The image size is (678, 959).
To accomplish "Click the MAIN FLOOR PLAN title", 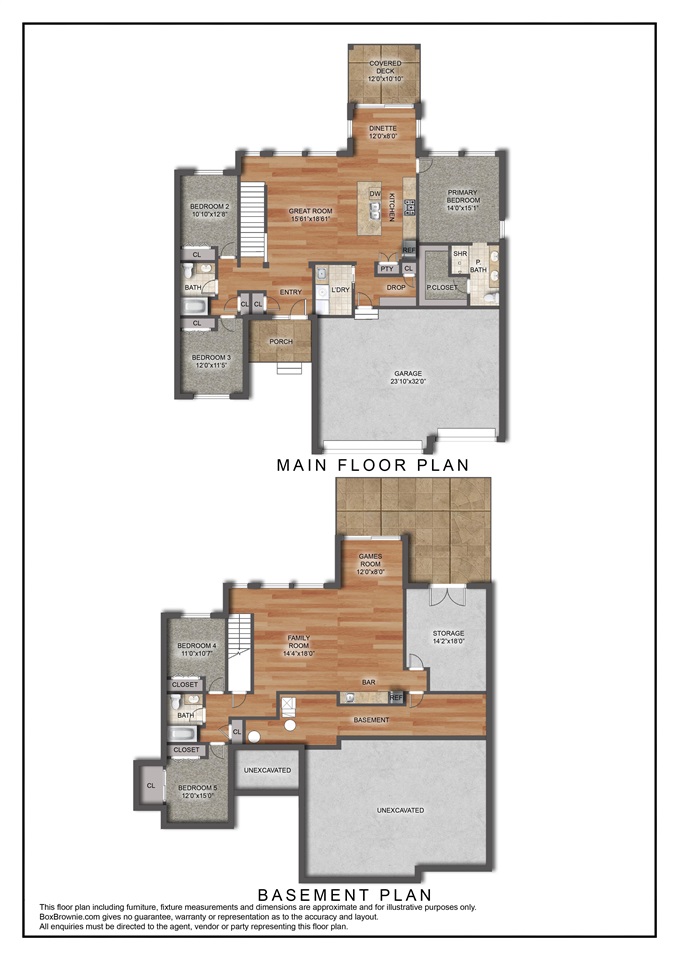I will [x=372, y=465].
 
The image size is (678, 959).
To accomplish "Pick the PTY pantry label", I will [x=387, y=268].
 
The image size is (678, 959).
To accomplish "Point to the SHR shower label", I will [x=460, y=254].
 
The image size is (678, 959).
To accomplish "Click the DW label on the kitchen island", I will [x=375, y=193].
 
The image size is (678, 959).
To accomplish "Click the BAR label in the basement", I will [x=368, y=682].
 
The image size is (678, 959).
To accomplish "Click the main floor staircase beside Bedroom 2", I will [x=254, y=221].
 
